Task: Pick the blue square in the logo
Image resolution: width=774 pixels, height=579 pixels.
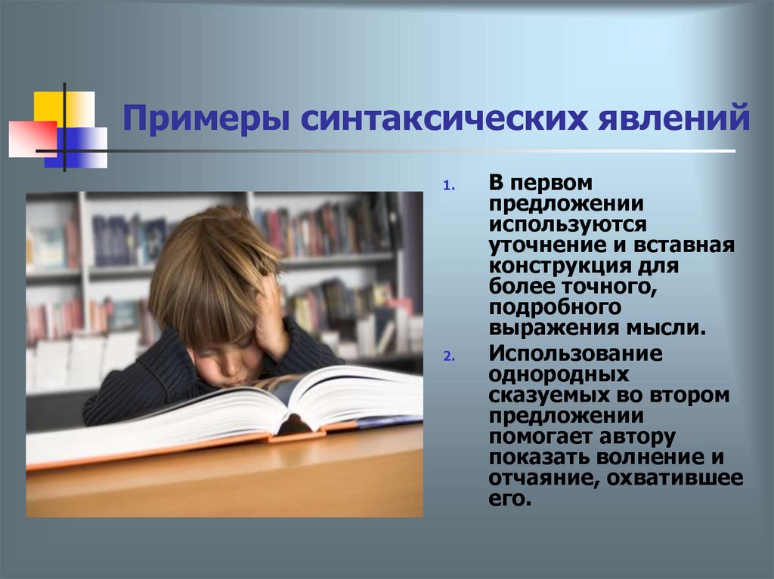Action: pos(79,145)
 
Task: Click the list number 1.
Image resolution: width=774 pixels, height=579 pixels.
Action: pos(447,184)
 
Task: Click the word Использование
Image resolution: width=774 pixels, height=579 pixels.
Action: pos(575,353)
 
